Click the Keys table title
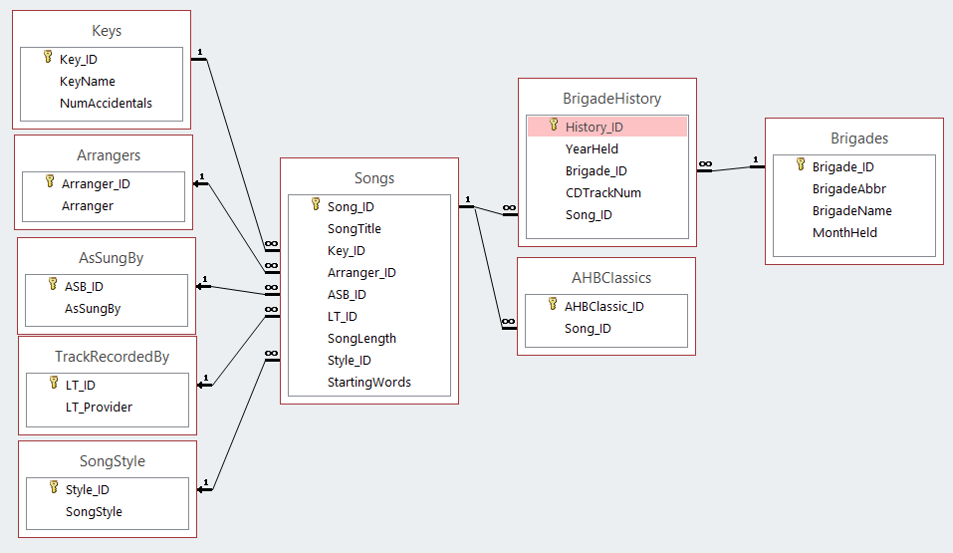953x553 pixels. (x=106, y=31)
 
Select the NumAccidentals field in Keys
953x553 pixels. (x=106, y=103)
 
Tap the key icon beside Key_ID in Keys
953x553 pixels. (x=47, y=59)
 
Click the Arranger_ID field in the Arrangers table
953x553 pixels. (x=96, y=183)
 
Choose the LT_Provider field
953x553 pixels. (x=99, y=407)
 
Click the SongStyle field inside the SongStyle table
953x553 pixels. (x=94, y=511)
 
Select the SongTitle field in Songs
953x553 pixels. (x=354, y=228)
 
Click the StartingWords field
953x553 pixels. (x=368, y=382)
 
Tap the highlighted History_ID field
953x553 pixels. (x=595, y=127)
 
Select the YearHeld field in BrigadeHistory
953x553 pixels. (x=592, y=148)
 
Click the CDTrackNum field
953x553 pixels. (x=602, y=192)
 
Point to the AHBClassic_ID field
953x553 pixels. (x=603, y=306)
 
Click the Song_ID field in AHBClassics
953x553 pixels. (x=588, y=328)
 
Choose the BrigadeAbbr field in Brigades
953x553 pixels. (x=848, y=188)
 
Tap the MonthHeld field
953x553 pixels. (x=845, y=232)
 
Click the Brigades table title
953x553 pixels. (x=859, y=138)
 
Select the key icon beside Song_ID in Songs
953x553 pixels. (x=315, y=206)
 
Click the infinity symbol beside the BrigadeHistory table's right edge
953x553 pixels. (x=705, y=163)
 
